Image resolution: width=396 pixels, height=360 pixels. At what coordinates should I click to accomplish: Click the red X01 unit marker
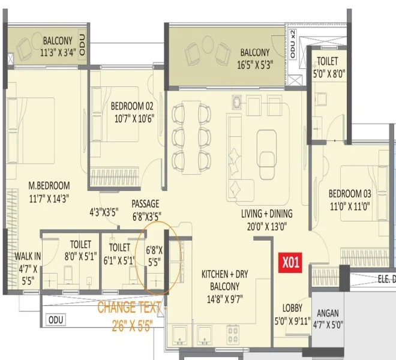[290, 263]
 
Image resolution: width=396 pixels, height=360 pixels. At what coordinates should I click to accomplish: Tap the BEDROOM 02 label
[132, 106]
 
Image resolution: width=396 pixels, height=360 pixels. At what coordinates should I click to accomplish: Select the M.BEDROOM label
[49, 185]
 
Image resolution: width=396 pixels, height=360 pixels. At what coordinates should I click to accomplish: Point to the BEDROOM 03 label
[350, 194]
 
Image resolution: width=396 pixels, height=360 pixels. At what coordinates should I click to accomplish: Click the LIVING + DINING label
[266, 214]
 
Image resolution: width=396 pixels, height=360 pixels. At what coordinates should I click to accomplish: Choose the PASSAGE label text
[145, 204]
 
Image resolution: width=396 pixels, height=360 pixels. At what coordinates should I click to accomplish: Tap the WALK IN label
[28, 256]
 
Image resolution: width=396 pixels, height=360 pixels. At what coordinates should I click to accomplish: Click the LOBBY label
[292, 308]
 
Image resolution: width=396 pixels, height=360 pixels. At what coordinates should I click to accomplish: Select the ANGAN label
[328, 313]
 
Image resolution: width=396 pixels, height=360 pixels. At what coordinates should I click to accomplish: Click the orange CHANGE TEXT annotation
[129, 307]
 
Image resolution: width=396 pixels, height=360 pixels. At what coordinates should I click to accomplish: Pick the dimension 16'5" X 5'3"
[255, 65]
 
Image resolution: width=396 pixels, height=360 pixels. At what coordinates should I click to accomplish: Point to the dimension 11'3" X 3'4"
[58, 53]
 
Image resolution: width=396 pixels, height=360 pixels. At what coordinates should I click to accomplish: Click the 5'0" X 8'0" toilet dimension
[329, 74]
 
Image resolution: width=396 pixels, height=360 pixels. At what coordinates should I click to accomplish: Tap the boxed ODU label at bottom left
[56, 320]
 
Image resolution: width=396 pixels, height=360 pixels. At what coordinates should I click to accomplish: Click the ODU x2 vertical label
[293, 44]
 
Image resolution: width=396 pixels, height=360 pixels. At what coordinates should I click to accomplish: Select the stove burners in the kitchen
[233, 334]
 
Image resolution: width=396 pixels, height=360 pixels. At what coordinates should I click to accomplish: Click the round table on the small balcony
[37, 40]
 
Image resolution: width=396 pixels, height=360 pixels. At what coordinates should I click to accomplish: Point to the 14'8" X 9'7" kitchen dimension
[225, 299]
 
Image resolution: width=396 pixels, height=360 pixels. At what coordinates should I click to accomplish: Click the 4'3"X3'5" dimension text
[104, 212]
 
